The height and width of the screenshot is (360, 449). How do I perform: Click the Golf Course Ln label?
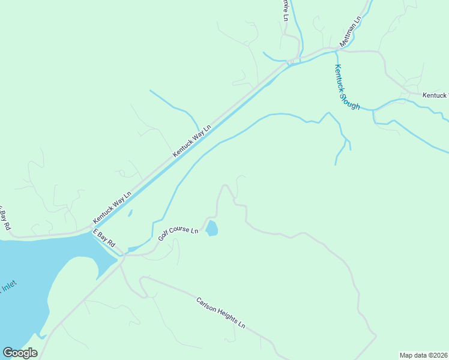(x=178, y=233)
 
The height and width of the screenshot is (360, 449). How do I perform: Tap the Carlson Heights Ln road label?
(x=221, y=313)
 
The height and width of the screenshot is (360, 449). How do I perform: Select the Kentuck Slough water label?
(x=347, y=87)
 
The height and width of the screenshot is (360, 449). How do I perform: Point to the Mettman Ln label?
(x=351, y=31)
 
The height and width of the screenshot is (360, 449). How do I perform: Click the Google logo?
(x=20, y=353)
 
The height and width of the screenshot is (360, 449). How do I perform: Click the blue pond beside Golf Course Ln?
(x=212, y=229)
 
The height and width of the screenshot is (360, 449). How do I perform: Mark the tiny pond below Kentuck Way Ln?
(x=130, y=213)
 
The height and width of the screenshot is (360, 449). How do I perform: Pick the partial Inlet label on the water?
(x=8, y=289)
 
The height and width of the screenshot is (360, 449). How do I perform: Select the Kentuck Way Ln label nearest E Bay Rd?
(x=112, y=208)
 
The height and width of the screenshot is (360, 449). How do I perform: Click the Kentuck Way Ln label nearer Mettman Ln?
(x=192, y=142)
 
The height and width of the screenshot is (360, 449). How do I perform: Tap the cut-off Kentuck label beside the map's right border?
(x=435, y=95)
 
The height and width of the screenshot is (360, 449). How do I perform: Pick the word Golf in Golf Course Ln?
(x=164, y=237)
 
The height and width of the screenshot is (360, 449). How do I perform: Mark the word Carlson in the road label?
(x=205, y=305)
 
